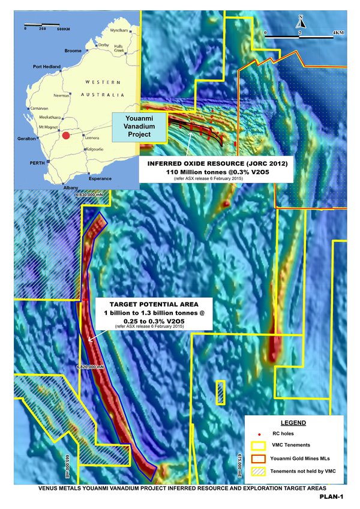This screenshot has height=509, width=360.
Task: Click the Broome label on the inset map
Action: tap(73, 51)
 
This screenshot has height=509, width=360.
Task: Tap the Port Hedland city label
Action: tap(45, 66)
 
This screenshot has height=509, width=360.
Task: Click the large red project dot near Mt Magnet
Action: tap(66, 136)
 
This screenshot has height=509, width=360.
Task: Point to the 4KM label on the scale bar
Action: tap(338, 31)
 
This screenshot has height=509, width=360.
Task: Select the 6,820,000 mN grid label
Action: tap(90, 366)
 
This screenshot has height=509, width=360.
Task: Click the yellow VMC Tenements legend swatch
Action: tap(259, 445)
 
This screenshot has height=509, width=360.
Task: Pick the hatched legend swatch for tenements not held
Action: tap(259, 471)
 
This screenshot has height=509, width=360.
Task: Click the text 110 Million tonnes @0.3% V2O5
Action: tap(215, 172)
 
